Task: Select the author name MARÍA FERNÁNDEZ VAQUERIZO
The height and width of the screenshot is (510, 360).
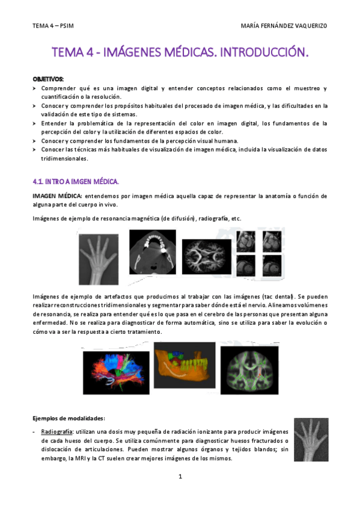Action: click(284, 26)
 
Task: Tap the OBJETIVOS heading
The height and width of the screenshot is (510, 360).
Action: click(47, 79)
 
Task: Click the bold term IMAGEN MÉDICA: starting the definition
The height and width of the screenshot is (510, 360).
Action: click(57, 196)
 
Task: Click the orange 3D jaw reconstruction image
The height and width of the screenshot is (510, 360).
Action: click(183, 367)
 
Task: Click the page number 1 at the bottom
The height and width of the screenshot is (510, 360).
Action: click(180, 477)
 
